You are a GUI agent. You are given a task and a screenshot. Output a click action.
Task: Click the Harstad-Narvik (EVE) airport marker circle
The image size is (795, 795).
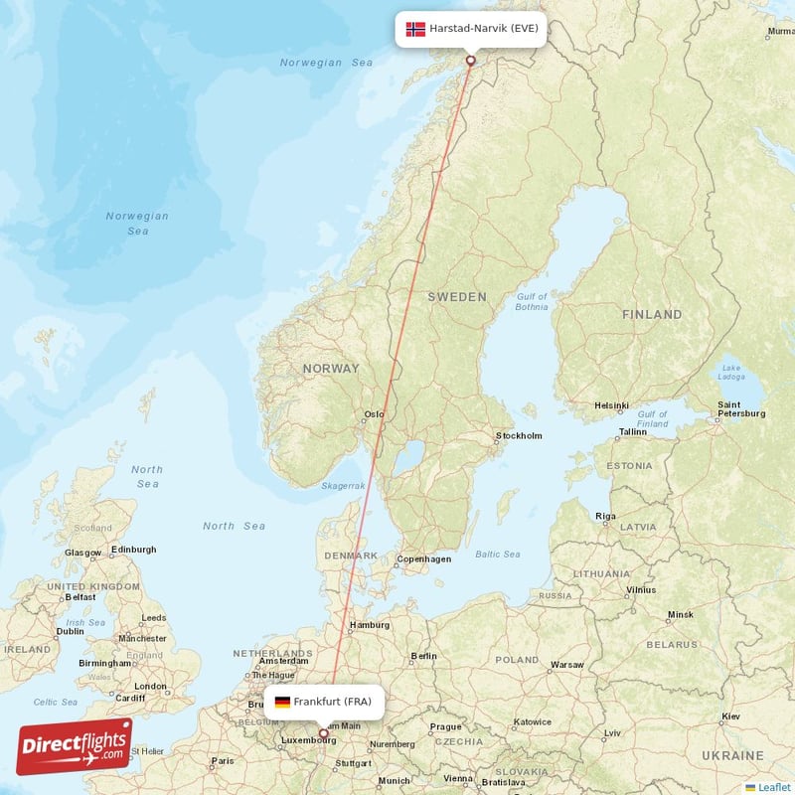click(471, 60)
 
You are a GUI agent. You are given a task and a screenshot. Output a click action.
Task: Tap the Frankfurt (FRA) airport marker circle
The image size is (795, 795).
click(322, 734)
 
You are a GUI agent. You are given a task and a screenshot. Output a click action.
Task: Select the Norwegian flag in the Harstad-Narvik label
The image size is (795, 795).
click(415, 29)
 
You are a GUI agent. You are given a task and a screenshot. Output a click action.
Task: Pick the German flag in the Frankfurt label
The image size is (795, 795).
click(282, 703)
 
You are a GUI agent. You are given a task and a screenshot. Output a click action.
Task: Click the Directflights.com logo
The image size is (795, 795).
click(75, 746)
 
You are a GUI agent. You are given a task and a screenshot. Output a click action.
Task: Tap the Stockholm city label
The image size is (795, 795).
click(519, 435)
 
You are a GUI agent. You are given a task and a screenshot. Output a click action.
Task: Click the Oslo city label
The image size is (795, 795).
click(374, 414)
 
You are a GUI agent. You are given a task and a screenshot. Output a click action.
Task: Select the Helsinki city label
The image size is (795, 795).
click(611, 405)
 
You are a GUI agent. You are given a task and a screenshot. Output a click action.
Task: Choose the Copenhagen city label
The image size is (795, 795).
click(424, 558)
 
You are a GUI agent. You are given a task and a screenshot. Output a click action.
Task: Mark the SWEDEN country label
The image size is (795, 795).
click(457, 297)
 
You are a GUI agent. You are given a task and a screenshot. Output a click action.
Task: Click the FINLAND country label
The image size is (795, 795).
click(652, 314)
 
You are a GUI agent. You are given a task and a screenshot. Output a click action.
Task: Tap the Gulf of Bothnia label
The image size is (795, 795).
click(532, 302)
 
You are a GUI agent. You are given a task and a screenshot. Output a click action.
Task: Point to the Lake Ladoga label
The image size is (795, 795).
click(730, 373)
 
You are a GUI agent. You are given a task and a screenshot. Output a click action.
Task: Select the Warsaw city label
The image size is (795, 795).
click(566, 664)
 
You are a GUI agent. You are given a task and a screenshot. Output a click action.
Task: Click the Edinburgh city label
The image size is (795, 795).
click(133, 549)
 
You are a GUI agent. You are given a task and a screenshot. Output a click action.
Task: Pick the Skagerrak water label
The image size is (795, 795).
click(344, 486)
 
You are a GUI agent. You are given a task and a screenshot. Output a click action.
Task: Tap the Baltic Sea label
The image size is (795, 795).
click(497, 555)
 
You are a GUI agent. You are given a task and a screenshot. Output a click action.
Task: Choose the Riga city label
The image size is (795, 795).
click(606, 516)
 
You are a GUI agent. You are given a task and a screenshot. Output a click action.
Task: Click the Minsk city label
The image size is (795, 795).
click(681, 614)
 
